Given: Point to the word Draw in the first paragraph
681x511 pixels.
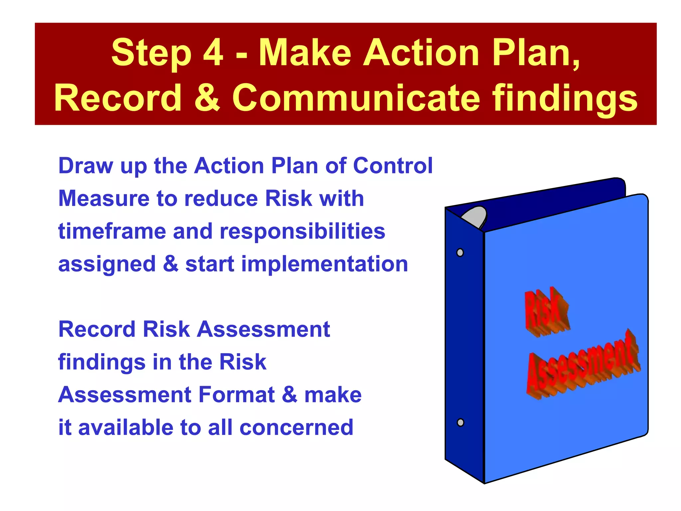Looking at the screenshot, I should coord(85,166).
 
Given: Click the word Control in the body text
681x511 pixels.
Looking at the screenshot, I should coord(393,166).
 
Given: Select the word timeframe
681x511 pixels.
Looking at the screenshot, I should coord(112,231).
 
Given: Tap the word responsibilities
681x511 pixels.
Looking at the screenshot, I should coord(303,232).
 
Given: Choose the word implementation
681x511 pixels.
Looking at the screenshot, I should coord(324,264).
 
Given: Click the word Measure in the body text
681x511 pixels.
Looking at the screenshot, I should coord(104,199).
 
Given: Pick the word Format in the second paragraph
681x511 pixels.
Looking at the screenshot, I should coord(236,395).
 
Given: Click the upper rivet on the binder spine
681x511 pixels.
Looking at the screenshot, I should coord(460,253).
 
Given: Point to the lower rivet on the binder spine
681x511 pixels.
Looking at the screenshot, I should coord(461,423).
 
